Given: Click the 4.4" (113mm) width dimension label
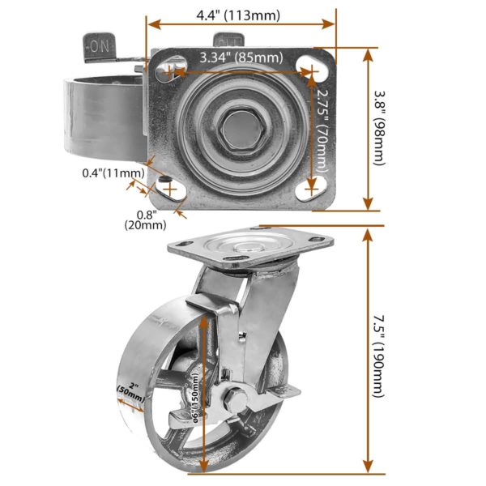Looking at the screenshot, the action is pos(237,15).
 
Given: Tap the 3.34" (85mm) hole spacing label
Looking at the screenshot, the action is pos(241,58).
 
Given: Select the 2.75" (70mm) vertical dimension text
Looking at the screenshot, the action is pos(322,130).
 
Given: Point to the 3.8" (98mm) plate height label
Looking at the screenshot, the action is pos(379,128).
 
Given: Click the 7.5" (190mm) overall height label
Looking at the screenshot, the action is pos(378,356).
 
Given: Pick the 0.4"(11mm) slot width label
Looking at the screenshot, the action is pos(113,173).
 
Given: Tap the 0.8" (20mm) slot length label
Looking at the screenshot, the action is pos(145,220).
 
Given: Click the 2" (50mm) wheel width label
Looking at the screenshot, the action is pos(131,392).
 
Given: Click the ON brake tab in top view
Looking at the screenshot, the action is pos(99,47).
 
